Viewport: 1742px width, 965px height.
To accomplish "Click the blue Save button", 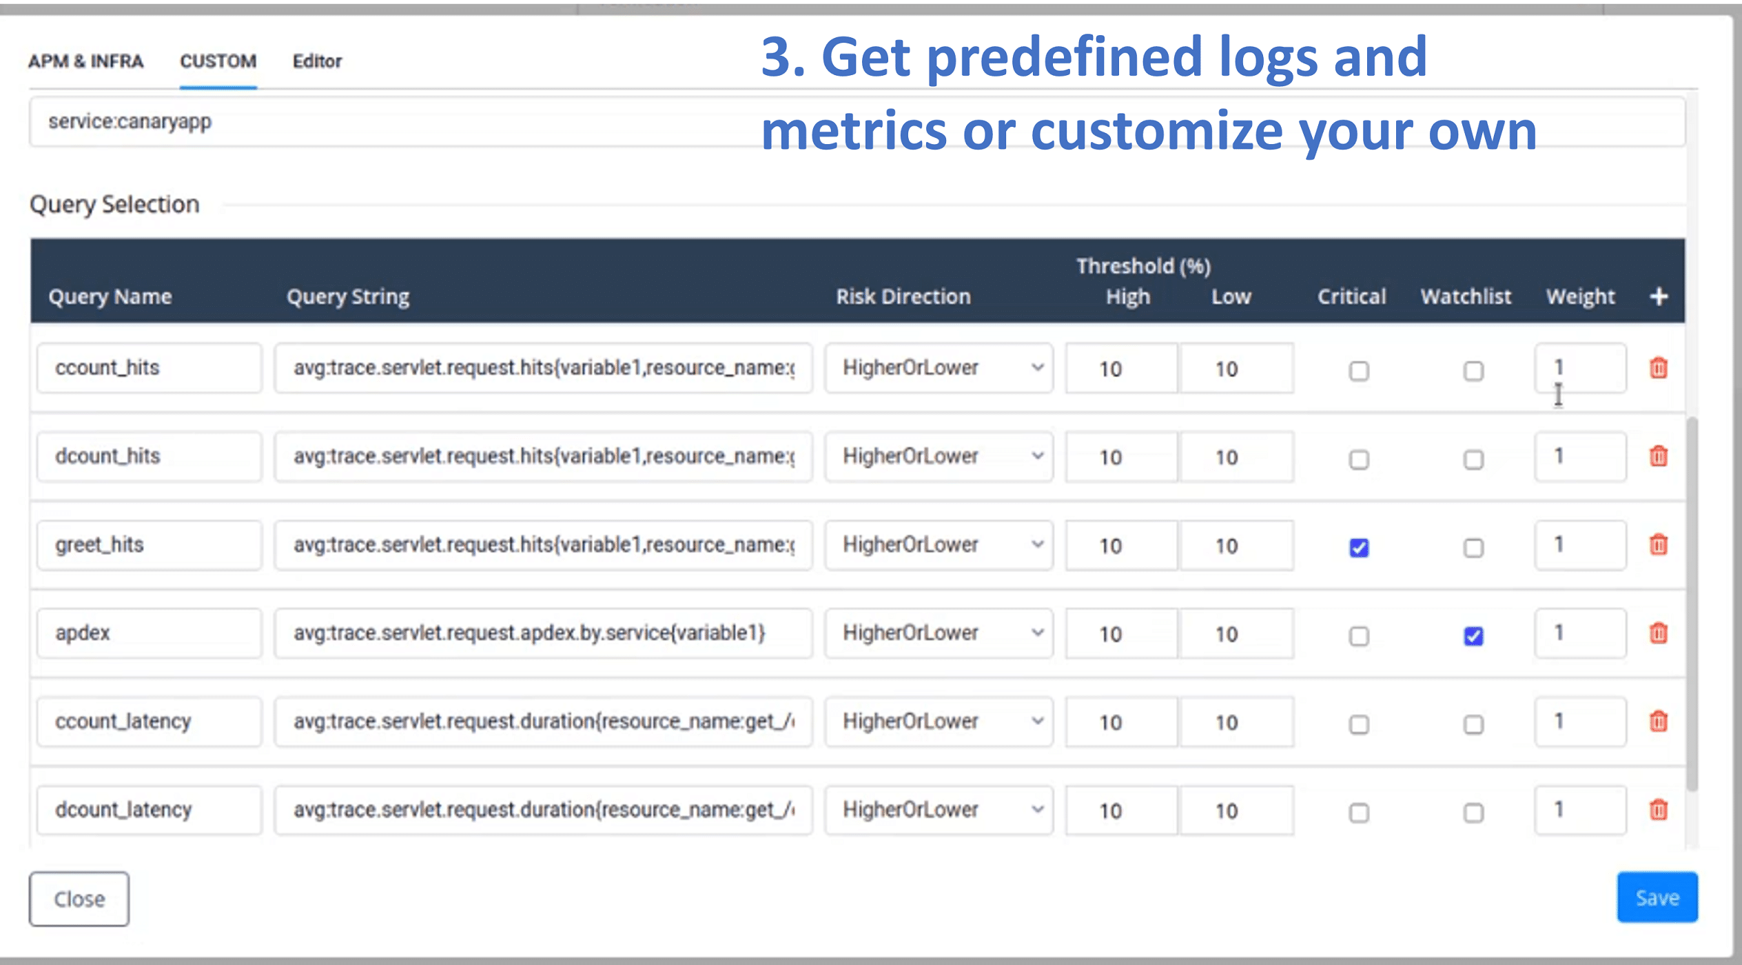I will [x=1657, y=897].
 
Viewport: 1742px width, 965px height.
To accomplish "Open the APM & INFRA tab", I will [x=85, y=61].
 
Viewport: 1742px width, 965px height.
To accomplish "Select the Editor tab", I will [x=317, y=61].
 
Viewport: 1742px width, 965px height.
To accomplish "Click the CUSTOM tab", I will [x=218, y=61].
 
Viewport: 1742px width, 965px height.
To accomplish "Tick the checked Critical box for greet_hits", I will [x=1358, y=547].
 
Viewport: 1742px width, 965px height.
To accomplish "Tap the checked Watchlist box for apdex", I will [x=1473, y=636].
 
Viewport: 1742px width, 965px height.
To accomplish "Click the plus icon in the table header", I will [x=1659, y=296].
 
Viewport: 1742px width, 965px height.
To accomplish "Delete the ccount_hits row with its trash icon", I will [x=1658, y=368].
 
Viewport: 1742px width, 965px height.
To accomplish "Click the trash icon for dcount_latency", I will [x=1658, y=809].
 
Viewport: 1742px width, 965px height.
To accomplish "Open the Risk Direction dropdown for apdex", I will [x=939, y=633].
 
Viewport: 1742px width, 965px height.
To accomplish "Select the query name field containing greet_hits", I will [x=149, y=545].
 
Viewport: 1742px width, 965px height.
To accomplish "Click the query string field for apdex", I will [x=543, y=633].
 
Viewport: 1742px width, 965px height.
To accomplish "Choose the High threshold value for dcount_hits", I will [x=1120, y=457].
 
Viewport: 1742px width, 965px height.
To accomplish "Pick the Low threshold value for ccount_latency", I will [x=1236, y=722].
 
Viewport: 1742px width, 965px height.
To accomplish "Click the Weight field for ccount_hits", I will [x=1579, y=368].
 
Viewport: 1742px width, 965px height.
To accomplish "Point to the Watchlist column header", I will [x=1466, y=296].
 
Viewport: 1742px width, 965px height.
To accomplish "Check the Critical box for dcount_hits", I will [x=1358, y=459].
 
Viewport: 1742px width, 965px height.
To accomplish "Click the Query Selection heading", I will [x=114, y=205].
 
